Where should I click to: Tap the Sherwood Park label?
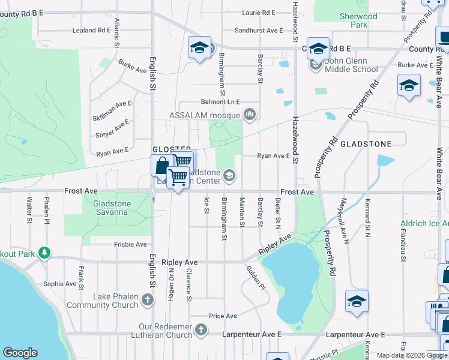tap(358, 20)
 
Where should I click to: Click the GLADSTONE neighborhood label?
tap(366, 144)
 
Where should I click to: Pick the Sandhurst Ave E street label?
tap(259, 30)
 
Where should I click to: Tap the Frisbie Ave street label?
tap(132, 244)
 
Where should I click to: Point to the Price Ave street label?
tap(223, 316)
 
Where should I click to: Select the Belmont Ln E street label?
tap(220, 102)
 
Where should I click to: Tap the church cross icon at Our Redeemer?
tap(201, 329)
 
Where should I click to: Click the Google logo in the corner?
tap(20, 353)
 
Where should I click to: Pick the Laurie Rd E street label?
tap(258, 12)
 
